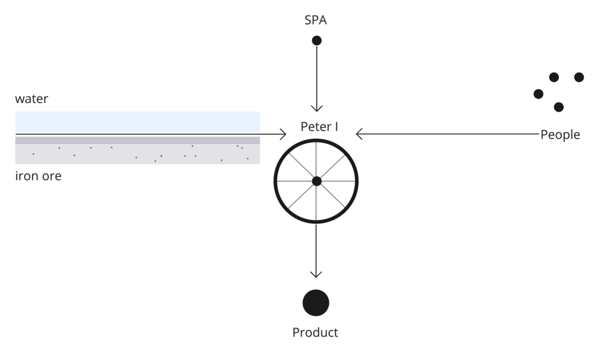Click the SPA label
tap(315, 20)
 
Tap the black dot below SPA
tap(317, 41)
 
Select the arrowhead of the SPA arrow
tap(317, 109)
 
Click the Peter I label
tap(319, 127)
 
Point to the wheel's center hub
tap(317, 181)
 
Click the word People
tap(560, 135)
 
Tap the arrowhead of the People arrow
tap(359, 134)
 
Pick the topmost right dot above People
tap(578, 78)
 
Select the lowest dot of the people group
tap(558, 107)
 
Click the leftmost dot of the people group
tap(538, 94)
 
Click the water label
tap(32, 99)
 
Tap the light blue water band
tap(137, 121)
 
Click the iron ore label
tap(38, 176)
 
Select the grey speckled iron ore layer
tap(137, 153)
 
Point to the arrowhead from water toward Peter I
tap(284, 134)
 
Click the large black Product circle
tap(316, 303)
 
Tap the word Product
tap(315, 333)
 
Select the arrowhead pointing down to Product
tap(316, 274)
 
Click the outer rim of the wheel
tap(276, 181)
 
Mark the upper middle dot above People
tap(554, 78)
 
